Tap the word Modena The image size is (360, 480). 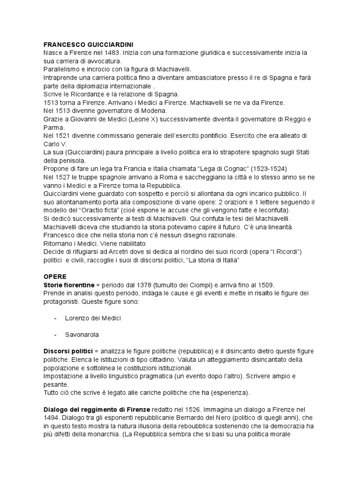[155, 111]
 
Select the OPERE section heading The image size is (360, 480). [55, 277]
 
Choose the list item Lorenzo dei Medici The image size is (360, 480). [93, 318]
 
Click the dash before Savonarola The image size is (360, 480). [55, 335]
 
